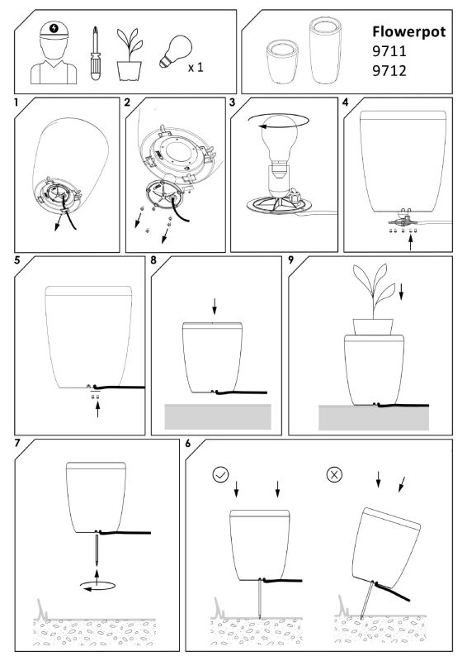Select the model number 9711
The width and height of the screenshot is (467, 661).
pyautogui.click(x=388, y=51)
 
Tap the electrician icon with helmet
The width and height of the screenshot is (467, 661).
pyautogui.click(x=54, y=55)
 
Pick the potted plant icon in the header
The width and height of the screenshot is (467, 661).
pyautogui.click(x=126, y=55)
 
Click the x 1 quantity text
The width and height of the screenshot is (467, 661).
pyautogui.click(x=196, y=66)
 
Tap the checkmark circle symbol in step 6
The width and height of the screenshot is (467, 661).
pyautogui.click(x=220, y=475)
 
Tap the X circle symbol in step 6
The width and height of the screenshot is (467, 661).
pyautogui.click(x=334, y=475)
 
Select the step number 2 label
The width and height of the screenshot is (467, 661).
pyautogui.click(x=127, y=103)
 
